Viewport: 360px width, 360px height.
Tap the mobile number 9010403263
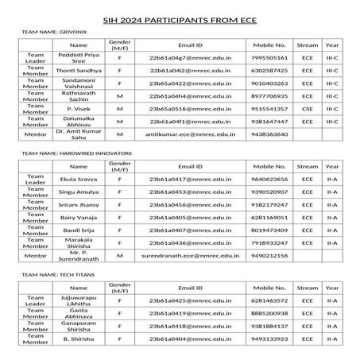pos(269,83)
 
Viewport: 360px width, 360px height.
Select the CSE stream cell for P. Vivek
pos(307,107)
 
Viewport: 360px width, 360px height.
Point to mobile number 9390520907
pos(269,192)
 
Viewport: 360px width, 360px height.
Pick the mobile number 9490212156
pos(269,256)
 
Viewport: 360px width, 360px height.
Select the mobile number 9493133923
pos(269,339)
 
